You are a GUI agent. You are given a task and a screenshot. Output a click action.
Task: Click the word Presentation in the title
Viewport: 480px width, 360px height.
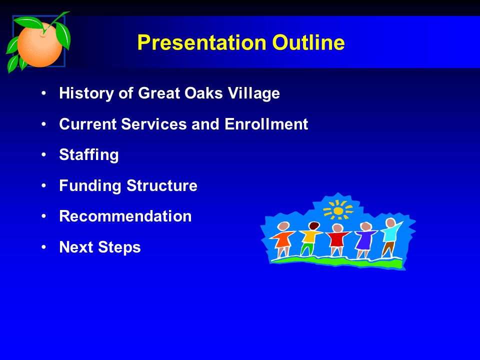click(x=201, y=42)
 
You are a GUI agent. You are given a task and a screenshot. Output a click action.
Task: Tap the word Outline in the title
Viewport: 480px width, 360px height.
click(x=308, y=42)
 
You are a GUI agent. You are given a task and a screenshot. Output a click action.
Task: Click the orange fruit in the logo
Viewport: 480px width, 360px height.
click(x=39, y=44)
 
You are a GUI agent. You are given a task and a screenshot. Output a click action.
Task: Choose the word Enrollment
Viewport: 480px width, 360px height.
click(x=266, y=124)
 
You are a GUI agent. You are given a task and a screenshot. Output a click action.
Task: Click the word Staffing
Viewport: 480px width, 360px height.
click(x=89, y=155)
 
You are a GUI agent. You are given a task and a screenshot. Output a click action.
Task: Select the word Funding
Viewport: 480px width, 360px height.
click(x=90, y=186)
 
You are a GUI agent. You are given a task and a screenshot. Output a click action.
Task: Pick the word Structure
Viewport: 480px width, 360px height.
click(x=162, y=185)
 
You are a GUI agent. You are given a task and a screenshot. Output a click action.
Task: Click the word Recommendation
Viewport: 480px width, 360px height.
click(x=125, y=216)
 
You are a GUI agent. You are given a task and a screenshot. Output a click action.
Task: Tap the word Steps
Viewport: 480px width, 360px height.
click(x=119, y=247)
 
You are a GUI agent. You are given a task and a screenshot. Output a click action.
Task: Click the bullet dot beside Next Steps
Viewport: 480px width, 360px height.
click(x=44, y=246)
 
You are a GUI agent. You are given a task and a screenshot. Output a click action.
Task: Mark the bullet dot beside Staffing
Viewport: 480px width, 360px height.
click(x=44, y=154)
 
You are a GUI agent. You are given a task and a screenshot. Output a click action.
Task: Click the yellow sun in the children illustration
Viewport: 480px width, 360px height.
click(x=338, y=210)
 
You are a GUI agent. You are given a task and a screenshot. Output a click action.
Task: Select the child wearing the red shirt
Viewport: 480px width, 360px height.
click(x=337, y=239)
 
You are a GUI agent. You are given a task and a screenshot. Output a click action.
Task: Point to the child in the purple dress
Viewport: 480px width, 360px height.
click(x=365, y=239)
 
